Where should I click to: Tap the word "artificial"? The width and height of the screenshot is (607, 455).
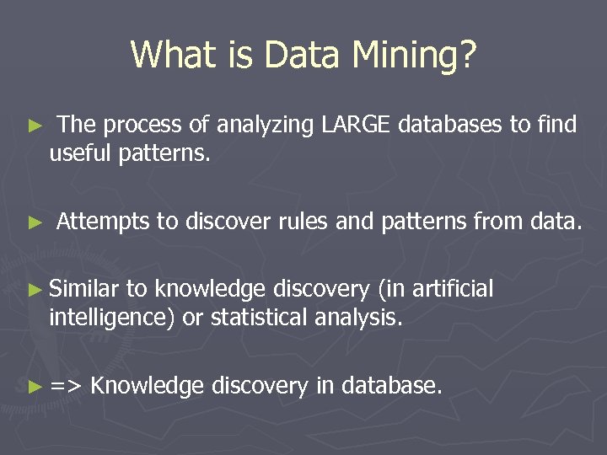[x=452, y=290]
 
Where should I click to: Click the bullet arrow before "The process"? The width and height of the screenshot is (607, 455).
[x=34, y=126]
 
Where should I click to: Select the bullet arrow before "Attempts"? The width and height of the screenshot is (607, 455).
[x=34, y=222]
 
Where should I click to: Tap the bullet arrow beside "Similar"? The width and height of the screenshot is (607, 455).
[x=34, y=291]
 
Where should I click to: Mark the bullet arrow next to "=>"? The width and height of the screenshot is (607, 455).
[x=34, y=387]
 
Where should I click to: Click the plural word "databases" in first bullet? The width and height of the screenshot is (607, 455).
[x=450, y=126]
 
